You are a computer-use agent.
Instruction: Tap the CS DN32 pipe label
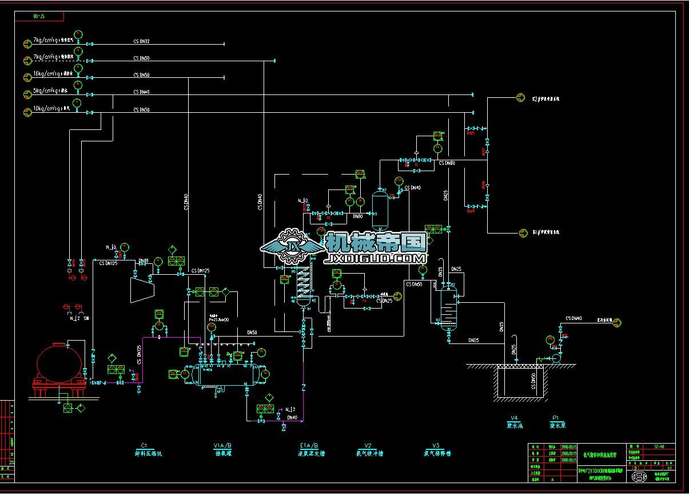pos(142,41)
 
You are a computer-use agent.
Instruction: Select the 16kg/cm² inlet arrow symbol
pos(27,77)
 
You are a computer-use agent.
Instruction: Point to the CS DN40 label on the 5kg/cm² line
pos(142,92)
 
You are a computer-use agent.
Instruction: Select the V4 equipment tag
pos(514,418)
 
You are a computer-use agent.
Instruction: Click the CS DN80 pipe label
pos(447,163)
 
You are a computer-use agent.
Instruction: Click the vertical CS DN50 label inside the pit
pos(533,382)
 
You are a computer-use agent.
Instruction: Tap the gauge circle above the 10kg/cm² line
pos(78,101)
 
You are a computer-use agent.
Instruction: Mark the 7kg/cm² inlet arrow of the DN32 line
pos(27,44)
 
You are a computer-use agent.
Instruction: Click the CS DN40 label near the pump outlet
pos(573,318)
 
